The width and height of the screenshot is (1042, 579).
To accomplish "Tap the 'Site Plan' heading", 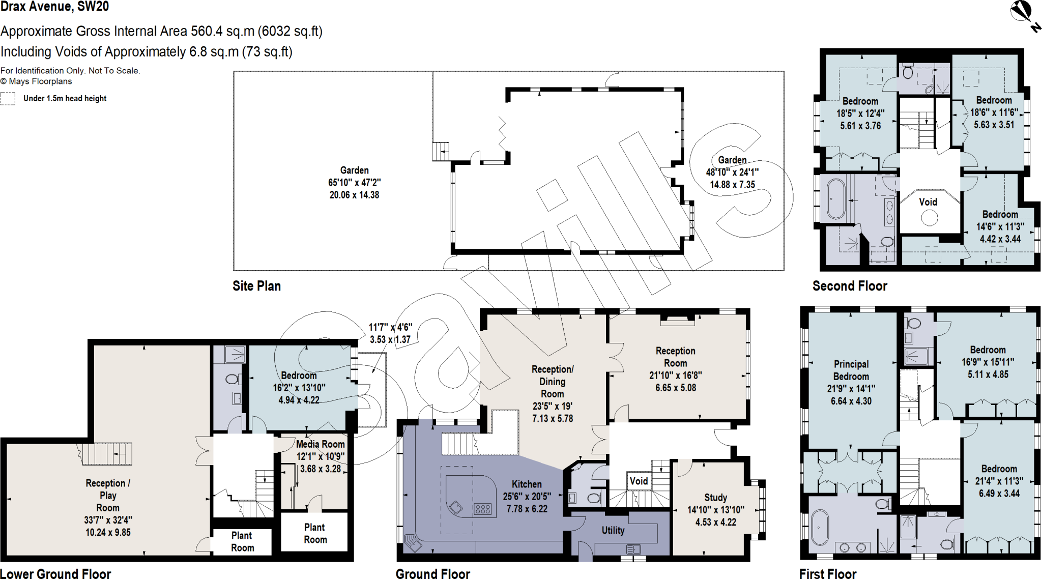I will tap(256, 286).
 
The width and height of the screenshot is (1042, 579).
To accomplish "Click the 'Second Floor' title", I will tap(849, 286).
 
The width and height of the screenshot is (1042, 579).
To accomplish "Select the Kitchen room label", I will tap(527, 484).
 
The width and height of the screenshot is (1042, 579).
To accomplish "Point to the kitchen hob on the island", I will tap(482, 509).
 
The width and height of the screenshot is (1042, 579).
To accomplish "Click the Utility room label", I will tap(613, 530).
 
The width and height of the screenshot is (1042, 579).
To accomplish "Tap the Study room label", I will tap(715, 498).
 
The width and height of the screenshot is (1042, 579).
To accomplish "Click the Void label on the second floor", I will tap(928, 202).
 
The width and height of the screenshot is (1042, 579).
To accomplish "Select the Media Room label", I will tap(320, 444).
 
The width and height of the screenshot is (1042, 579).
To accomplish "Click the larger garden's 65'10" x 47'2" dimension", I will tap(354, 183).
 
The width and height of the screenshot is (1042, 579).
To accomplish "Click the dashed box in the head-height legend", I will tap(8, 98).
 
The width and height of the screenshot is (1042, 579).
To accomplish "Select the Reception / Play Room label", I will tap(108, 495).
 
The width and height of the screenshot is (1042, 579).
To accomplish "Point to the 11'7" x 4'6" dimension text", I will tap(390, 328).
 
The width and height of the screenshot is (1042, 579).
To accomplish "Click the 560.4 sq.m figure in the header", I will tap(222, 32).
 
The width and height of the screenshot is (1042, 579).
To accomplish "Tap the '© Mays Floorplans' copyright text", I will tap(36, 81).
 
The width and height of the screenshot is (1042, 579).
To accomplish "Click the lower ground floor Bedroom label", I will tap(299, 375).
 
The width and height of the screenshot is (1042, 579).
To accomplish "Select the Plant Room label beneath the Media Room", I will tap(315, 533).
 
